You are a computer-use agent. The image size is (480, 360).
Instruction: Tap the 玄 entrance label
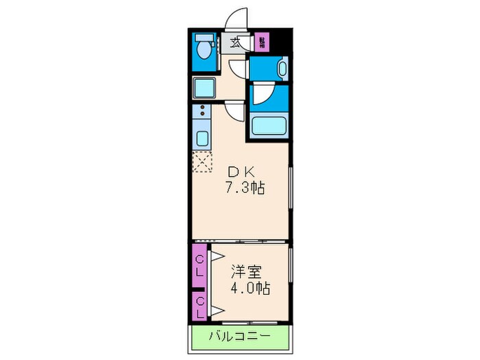pos(235,42)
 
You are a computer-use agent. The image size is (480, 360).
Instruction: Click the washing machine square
pos(204,87)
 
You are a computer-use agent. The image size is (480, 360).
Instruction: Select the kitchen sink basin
pos(202,137)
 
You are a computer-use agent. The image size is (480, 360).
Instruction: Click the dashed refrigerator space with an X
pos(203,163)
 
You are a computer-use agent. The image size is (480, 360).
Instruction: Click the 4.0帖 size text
pos(249,287)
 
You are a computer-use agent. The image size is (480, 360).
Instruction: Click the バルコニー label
pos(239,337)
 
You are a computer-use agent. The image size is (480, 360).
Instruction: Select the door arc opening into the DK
pos(235,112)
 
